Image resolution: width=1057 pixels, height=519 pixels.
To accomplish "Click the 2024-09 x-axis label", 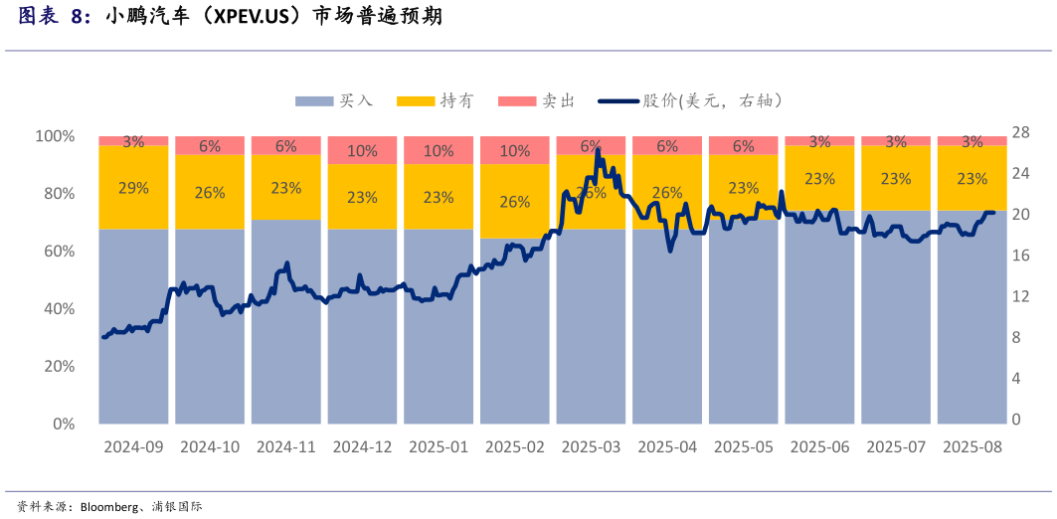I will tap(133, 447).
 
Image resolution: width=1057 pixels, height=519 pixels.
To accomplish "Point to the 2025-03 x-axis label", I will tap(591, 447).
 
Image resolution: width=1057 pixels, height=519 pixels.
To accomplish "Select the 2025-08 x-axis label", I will tap(971, 447).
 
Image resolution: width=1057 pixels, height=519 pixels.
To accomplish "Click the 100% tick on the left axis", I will tap(55, 135).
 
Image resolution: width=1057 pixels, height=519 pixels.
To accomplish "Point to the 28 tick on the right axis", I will tap(1020, 132).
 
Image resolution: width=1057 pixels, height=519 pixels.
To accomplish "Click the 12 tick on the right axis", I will tap(1020, 296).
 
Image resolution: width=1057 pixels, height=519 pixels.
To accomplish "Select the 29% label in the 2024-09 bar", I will tap(133, 188).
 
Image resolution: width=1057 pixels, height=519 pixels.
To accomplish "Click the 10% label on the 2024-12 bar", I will tap(362, 151).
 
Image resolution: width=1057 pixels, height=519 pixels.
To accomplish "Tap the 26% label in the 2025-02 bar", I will tap(514, 202).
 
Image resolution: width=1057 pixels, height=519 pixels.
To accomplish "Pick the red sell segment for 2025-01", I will tap(439, 150).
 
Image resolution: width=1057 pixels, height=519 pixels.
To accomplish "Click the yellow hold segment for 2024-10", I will tap(210, 192).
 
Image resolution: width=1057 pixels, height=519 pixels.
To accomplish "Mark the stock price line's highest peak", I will tap(598, 150).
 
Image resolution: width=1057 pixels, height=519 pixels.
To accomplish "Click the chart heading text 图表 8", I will tap(55, 16).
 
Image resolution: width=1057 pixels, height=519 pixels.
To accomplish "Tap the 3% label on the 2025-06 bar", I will tap(819, 142).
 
